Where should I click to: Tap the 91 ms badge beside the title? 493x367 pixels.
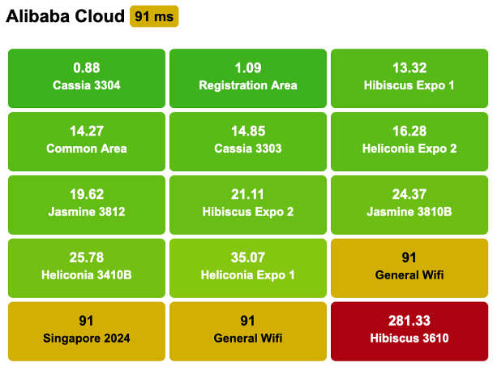coord(153,16)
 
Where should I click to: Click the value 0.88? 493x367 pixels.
coord(87,68)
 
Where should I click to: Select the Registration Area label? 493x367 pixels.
coord(248,85)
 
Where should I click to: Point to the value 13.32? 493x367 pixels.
coord(409,68)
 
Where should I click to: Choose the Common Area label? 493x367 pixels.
coord(87,149)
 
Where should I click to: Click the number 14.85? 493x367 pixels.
coord(248,132)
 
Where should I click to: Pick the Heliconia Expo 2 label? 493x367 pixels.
coord(409,149)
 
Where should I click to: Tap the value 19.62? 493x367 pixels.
coord(87,195)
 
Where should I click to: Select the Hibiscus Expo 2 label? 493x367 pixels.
coord(248,212)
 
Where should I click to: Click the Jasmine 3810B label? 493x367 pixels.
coord(409,212)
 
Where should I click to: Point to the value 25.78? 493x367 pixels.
coord(87,258)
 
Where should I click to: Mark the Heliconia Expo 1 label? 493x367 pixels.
coord(248,275)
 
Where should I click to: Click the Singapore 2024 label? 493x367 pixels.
coord(87,339)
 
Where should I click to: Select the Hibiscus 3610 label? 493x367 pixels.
coord(409,339)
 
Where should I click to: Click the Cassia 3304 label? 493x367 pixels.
coord(87,85)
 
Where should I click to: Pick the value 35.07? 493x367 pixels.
coord(248,258)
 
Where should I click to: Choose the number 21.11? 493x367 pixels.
coord(248,195)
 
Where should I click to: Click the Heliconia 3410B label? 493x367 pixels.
coord(87,275)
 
